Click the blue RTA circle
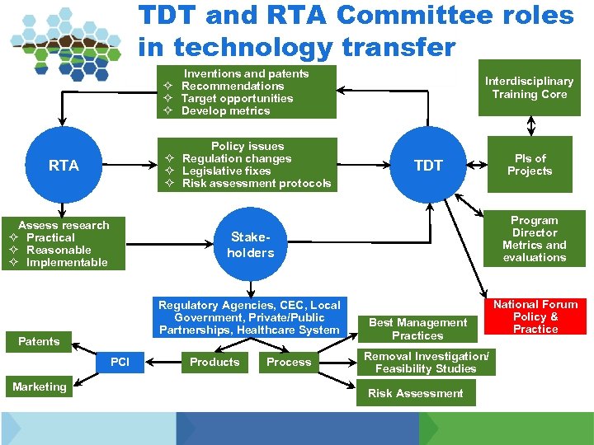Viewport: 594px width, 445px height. click(64, 166)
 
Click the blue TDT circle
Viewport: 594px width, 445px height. click(428, 166)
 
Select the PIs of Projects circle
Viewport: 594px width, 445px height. click(530, 165)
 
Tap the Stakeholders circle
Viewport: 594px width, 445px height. click(250, 245)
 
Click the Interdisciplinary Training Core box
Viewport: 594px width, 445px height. click(529, 88)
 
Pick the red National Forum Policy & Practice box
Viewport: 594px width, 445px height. click(535, 316)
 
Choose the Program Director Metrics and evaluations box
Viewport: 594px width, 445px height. click(534, 239)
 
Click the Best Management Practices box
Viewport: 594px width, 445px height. click(417, 329)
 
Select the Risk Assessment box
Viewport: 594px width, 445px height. click(416, 393)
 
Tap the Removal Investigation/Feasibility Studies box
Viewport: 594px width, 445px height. click(427, 362)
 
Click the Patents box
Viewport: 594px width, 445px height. click(39, 341)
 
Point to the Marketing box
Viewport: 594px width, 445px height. click(39, 386)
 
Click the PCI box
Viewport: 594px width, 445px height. click(120, 362)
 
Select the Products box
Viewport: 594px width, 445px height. click(214, 362)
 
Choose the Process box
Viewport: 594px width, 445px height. click(289, 362)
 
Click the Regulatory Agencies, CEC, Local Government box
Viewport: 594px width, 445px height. click(249, 317)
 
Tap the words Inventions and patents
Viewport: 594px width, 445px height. click(246, 73)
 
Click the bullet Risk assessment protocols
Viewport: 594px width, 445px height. click(256, 183)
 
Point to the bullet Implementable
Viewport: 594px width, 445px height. click(67, 262)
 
